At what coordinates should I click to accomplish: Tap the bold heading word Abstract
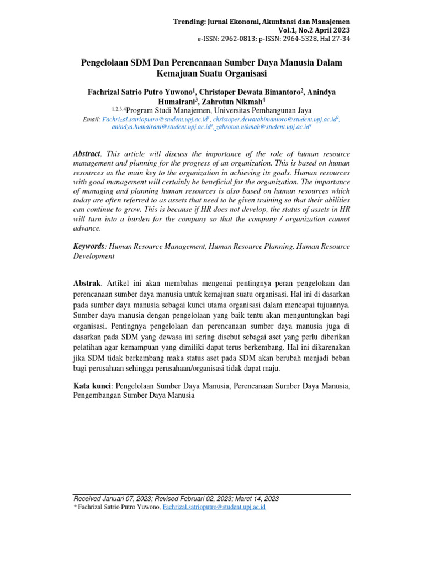pyautogui.click(x=87, y=153)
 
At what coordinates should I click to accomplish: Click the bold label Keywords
pyautogui.click(x=88, y=246)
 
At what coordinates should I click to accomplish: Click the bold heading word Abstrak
pyautogui.click(x=87, y=283)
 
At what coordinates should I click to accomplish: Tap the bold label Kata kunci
pyautogui.click(x=92, y=385)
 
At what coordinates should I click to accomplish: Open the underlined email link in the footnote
pyautogui.click(x=214, y=507)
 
